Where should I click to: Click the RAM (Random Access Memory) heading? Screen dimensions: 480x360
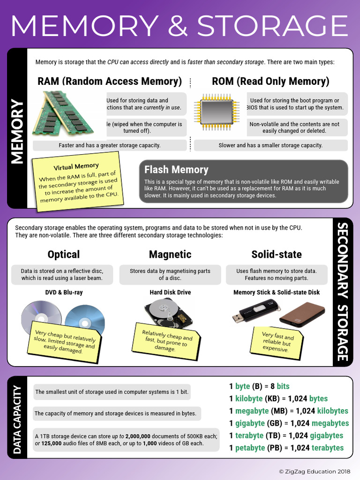(x=110, y=81)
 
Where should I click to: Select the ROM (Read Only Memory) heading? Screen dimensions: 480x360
(x=270, y=81)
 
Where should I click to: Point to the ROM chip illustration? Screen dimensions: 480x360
(x=217, y=112)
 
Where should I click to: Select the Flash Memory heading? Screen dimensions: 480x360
(x=176, y=170)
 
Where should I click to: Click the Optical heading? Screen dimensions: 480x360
(x=63, y=255)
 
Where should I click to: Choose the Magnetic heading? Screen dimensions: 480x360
(x=170, y=255)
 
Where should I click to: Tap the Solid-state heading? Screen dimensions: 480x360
(x=277, y=255)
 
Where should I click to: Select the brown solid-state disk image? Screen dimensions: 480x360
(x=302, y=314)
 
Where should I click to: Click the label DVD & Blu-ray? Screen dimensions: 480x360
(x=64, y=292)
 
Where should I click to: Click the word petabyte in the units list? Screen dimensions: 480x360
(x=250, y=448)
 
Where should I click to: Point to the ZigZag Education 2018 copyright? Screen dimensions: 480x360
(x=314, y=471)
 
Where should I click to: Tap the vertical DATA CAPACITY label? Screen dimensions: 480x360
(x=17, y=419)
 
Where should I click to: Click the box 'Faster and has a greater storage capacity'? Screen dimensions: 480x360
(x=110, y=145)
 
